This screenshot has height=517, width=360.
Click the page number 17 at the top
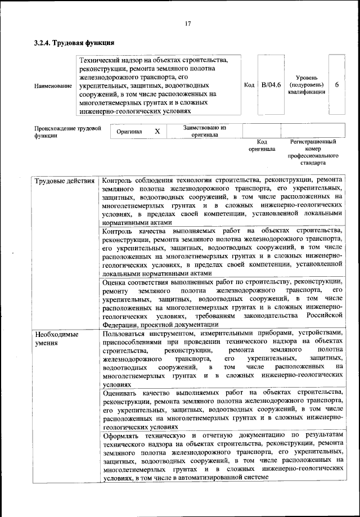click(x=188, y=23)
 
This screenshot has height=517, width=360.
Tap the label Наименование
click(x=53, y=86)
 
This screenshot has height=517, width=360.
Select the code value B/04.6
click(x=271, y=85)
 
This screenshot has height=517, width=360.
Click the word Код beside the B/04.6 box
click(x=249, y=85)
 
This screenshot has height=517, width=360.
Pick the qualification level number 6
click(x=336, y=85)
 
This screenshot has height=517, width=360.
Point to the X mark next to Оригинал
click(x=157, y=131)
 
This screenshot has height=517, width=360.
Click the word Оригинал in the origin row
click(x=128, y=131)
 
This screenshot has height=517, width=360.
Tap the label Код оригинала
click(x=262, y=146)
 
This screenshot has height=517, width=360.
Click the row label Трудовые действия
click(x=65, y=181)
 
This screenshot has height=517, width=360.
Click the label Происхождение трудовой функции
click(x=68, y=132)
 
